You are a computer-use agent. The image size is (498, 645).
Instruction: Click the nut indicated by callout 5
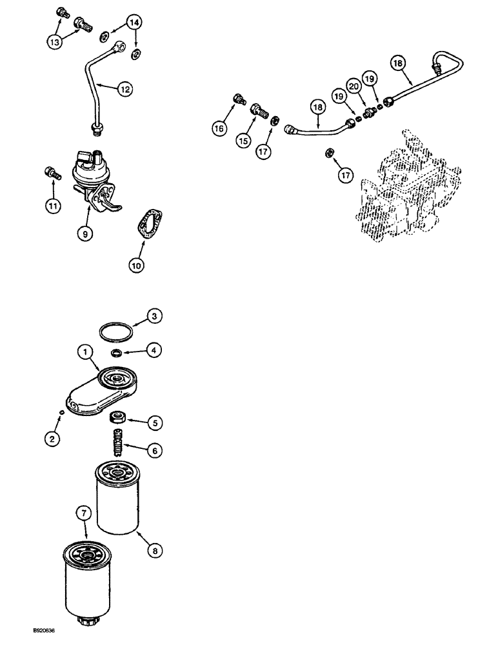click(x=119, y=417)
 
